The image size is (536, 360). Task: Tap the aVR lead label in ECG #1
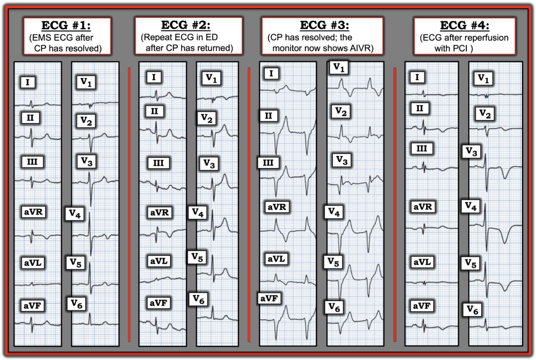click(x=33, y=212)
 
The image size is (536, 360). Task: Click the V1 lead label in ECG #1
click(x=86, y=82)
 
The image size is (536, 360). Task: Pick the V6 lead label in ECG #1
click(x=76, y=303)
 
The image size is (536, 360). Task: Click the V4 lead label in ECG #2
click(x=198, y=212)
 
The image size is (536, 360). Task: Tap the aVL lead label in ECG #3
click(x=276, y=258)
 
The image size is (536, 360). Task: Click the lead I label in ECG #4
click(x=417, y=77)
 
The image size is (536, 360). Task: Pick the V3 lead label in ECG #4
click(x=472, y=152)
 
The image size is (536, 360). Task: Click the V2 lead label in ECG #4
click(x=485, y=114)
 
